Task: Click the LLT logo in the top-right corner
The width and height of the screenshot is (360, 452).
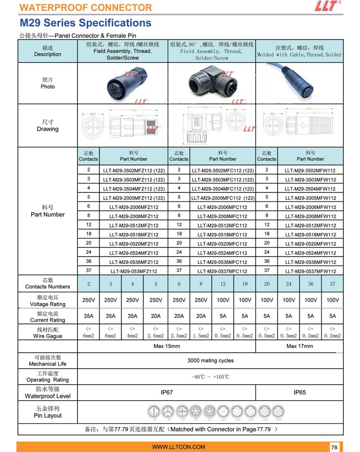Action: coord(327,6)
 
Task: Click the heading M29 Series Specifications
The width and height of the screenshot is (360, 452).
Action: coord(85,23)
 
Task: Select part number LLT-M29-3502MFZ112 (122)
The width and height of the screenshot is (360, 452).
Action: coord(134,170)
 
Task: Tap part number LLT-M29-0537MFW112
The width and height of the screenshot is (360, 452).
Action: coord(310,271)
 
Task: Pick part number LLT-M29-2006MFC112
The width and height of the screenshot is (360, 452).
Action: coord(222,207)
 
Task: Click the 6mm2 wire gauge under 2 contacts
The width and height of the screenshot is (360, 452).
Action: coord(88,336)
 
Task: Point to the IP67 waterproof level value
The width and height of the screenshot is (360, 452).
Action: coord(167,393)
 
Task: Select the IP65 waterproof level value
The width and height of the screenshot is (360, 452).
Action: coord(300,393)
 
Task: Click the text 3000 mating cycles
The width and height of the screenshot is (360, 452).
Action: coord(210,360)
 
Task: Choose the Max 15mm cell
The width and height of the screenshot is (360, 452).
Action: coord(167,346)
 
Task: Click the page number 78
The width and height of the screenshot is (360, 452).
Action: coord(335,447)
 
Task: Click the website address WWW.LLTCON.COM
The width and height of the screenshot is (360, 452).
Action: coord(179,447)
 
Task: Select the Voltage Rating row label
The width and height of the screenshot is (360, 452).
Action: coord(48,301)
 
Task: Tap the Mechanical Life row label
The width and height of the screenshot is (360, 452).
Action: coord(48,361)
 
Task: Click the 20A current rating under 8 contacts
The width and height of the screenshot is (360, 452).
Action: coord(201,316)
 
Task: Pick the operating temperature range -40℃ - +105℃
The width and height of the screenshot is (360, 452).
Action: coord(210,377)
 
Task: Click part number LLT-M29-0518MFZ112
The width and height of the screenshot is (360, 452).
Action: coord(134,235)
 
